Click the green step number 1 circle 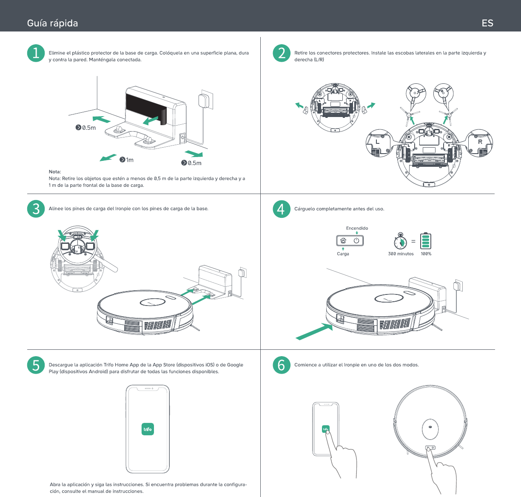[x=36, y=53]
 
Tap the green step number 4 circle [x=282, y=209]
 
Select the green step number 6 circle [x=282, y=365]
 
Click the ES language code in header [x=487, y=23]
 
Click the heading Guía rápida [x=52, y=23]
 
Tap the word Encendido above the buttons [x=357, y=228]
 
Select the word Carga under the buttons [x=343, y=254]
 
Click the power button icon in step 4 [x=356, y=240]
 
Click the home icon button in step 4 [x=343, y=240]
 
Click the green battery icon [x=426, y=240]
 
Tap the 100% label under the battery [x=426, y=254]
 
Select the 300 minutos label [x=401, y=254]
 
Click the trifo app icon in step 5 [x=148, y=429]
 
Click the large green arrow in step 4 [x=314, y=331]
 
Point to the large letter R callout [x=480, y=142]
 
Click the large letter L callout [x=377, y=142]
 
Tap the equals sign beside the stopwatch [x=413, y=241]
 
